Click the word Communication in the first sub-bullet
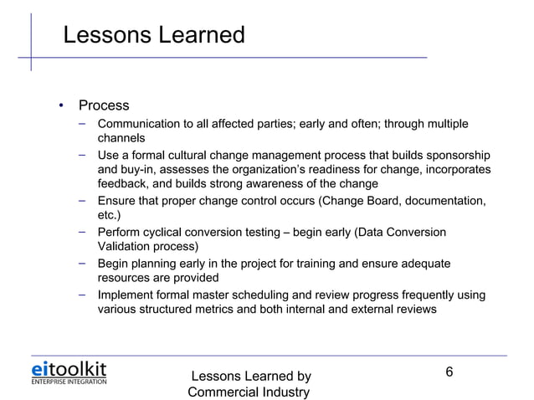[138, 125]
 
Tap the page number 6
[449, 372]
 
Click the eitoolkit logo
[69, 372]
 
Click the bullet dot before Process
[60, 106]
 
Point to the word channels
[122, 138]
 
